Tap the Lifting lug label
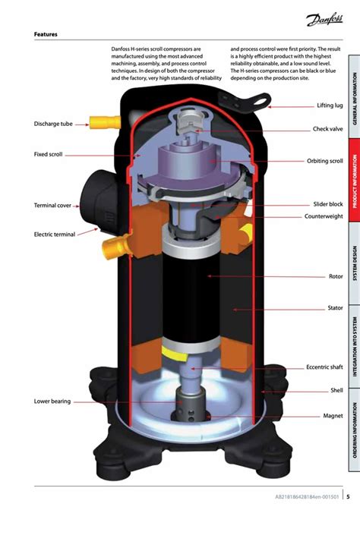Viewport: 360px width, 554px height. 330,105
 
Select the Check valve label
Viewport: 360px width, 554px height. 328,129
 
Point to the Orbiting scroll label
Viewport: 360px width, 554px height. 325,161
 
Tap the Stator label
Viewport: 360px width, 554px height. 335,308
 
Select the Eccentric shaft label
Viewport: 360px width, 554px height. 324,367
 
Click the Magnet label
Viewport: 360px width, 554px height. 333,416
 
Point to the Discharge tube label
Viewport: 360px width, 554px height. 53,123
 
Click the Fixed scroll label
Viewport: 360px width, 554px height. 48,154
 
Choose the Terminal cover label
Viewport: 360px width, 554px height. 52,205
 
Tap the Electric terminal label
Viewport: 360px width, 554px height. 54,235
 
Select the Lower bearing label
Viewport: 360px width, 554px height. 52,401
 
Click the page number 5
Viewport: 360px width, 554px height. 348,497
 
